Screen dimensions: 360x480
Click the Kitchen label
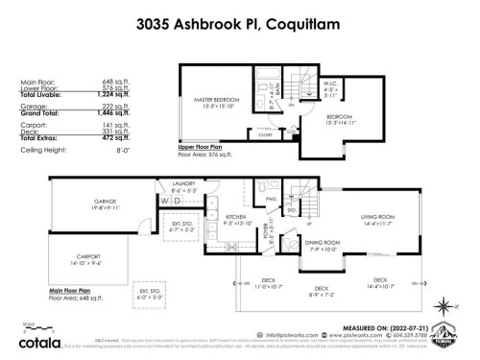(x=235, y=217)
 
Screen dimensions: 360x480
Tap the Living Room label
(x=377, y=218)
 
